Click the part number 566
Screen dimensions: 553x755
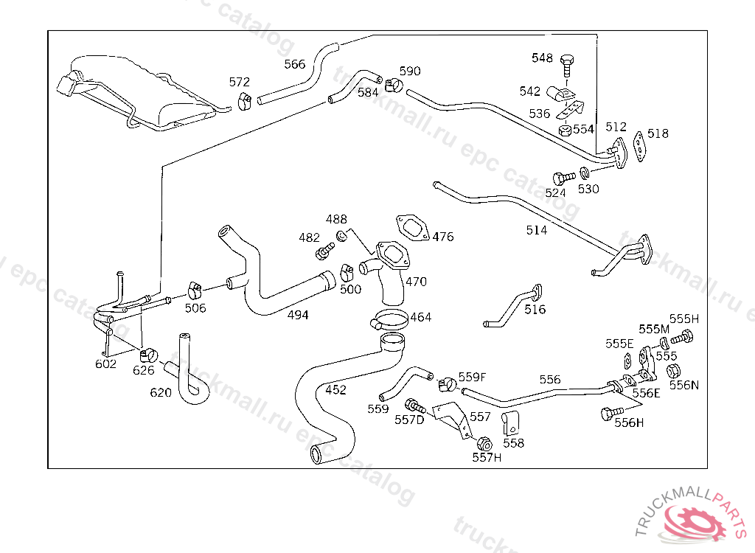click(x=294, y=64)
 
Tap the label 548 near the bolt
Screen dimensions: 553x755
click(x=542, y=58)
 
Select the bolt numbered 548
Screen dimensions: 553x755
click(x=566, y=64)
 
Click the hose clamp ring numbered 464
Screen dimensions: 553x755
click(x=390, y=321)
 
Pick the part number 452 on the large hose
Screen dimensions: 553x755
click(x=335, y=390)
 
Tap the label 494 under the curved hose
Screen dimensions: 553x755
click(x=298, y=315)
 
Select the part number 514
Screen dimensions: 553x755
click(x=537, y=230)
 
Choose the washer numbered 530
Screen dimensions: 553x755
click(x=584, y=173)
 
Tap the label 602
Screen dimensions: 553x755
click(x=106, y=364)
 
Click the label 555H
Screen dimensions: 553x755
click(x=683, y=319)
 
